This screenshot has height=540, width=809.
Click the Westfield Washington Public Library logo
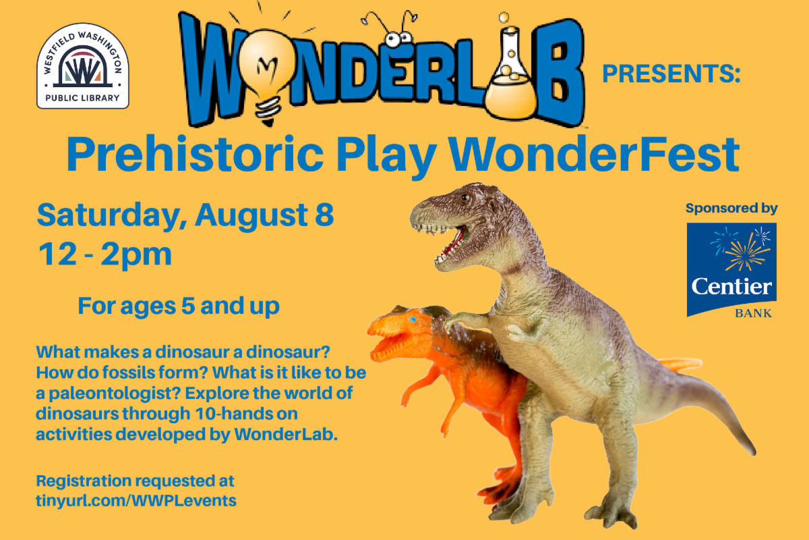click(x=83, y=66)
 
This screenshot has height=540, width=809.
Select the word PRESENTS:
click(x=671, y=74)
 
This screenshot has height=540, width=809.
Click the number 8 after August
click(x=324, y=215)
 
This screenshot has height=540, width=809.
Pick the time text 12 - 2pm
click(x=104, y=254)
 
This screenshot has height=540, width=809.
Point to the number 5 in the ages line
click(x=188, y=306)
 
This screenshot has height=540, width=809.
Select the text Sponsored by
click(x=731, y=209)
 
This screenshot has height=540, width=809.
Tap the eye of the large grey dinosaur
click(x=465, y=198)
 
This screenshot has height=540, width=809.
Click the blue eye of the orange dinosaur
click(x=413, y=319)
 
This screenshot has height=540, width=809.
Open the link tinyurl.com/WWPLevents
click(x=136, y=501)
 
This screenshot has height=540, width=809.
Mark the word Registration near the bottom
click(x=84, y=481)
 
